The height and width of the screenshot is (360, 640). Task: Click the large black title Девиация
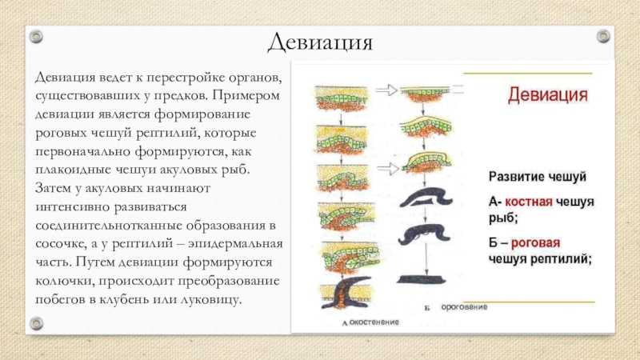coord(320,42)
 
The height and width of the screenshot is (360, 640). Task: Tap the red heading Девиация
coord(548,95)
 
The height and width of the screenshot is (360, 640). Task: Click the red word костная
coord(529,202)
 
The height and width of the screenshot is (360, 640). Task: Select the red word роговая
coord(535,243)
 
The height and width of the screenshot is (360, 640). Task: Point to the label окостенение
coord(374,322)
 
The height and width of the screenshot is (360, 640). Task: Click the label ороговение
coord(464,306)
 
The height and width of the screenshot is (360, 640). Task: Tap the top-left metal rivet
coord(36,36)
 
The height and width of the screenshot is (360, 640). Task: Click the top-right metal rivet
coord(603,36)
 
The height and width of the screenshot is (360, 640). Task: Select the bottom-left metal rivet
coord(36,324)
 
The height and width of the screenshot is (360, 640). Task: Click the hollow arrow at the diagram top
coord(386,90)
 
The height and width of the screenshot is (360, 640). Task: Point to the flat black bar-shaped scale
coord(422,279)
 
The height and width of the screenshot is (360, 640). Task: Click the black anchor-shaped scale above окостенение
coord(346,293)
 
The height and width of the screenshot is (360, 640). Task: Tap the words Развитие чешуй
coord(537,177)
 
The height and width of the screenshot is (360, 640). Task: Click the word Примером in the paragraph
coord(246,96)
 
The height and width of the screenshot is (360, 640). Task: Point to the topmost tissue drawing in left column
coord(342,98)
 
